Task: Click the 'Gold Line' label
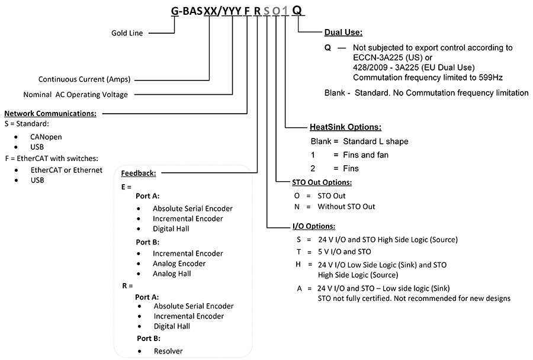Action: click(x=127, y=33)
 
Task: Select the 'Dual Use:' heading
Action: click(x=343, y=33)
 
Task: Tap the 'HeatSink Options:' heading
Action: click(x=345, y=127)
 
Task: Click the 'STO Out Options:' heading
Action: click(x=322, y=182)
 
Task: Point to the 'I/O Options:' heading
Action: click(x=314, y=226)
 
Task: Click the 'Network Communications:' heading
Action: click(x=50, y=114)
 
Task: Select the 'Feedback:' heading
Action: click(x=139, y=173)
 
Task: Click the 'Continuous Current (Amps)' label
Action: click(x=84, y=79)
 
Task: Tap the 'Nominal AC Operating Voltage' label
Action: click(x=75, y=95)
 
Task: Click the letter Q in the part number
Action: click(x=297, y=11)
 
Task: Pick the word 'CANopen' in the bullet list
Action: click(x=46, y=137)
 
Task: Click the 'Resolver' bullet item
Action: click(x=168, y=351)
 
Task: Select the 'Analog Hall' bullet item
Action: click(x=172, y=274)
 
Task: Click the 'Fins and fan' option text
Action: click(x=366, y=155)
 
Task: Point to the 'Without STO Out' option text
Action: click(x=346, y=207)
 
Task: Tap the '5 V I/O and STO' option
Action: click(x=344, y=252)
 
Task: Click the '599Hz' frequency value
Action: click(x=490, y=78)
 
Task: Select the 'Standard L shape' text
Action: click(x=375, y=142)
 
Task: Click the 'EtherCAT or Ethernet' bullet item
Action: click(x=66, y=170)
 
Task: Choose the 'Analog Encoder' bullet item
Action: click(x=179, y=263)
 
